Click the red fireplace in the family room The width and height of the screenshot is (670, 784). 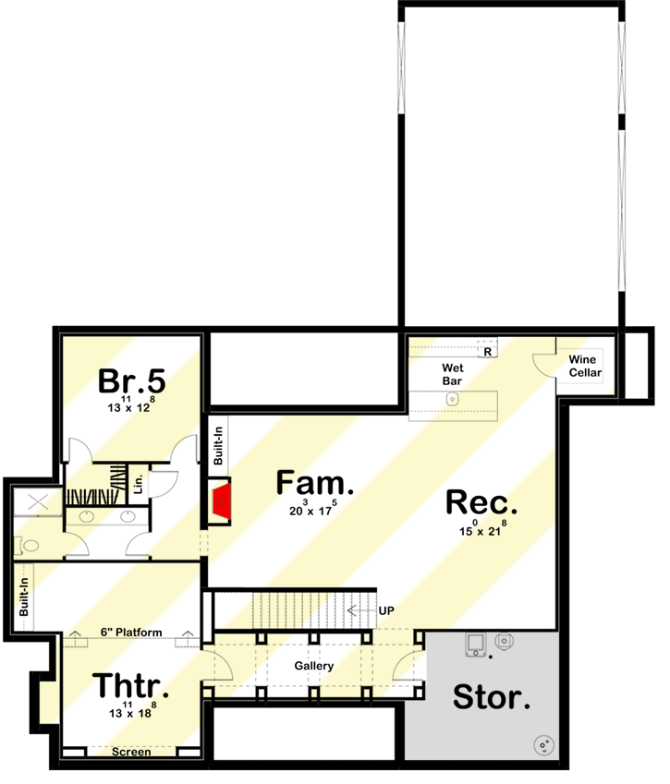click(x=222, y=502)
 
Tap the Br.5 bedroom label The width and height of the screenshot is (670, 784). click(x=131, y=380)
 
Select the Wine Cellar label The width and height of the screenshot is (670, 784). click(x=585, y=367)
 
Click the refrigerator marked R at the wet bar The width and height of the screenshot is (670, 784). click(x=486, y=351)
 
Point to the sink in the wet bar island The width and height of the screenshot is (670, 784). click(x=452, y=399)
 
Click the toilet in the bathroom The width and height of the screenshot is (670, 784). click(x=30, y=546)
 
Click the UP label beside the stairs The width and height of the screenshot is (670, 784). click(x=388, y=610)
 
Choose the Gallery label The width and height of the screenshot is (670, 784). click(x=314, y=666)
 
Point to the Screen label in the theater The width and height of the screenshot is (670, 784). click(x=131, y=752)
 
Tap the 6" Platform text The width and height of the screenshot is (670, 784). click(x=131, y=633)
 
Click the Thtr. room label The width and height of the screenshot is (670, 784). click(x=130, y=686)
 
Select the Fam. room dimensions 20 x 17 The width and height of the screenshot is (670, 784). click(x=314, y=508)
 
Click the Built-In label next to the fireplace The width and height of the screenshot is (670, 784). click(x=218, y=444)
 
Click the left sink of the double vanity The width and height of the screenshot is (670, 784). click(x=87, y=516)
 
